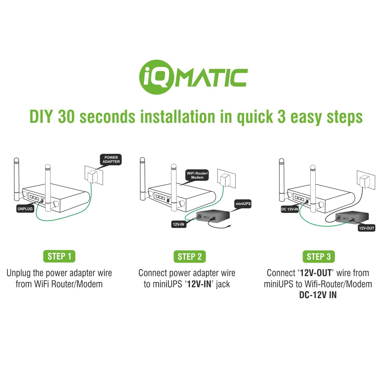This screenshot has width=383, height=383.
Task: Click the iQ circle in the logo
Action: click(156, 77)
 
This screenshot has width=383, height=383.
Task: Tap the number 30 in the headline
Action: click(66, 117)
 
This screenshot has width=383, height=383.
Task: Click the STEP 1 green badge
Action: click(59, 256)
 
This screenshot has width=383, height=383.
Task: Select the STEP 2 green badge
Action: click(190, 257)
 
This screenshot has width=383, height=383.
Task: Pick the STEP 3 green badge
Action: click(319, 257)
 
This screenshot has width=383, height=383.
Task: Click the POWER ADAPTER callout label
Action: click(111, 160)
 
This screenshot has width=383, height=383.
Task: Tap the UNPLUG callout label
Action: click(25, 209)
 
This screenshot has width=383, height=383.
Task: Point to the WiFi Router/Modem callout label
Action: click(197, 175)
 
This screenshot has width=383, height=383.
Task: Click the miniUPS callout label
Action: click(243, 204)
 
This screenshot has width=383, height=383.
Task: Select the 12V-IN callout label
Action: click(178, 224)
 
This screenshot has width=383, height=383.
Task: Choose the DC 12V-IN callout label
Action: click(290, 209)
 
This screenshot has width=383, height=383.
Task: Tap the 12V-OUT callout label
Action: click(366, 228)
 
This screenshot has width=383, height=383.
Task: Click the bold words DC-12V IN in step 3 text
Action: click(318, 295)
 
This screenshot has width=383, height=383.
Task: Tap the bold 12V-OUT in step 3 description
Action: click(316, 273)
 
